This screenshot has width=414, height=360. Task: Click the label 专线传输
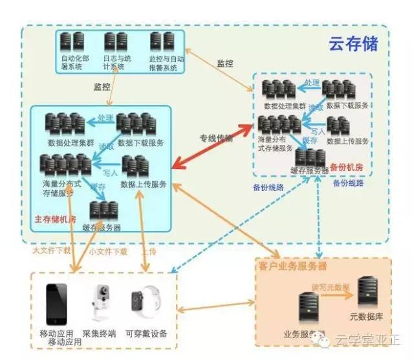216,138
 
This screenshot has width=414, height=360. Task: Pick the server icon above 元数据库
366,293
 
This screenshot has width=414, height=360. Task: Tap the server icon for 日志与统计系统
114,43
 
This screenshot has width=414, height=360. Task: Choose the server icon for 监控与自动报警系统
159,43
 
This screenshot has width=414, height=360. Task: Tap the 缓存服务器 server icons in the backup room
310,156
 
